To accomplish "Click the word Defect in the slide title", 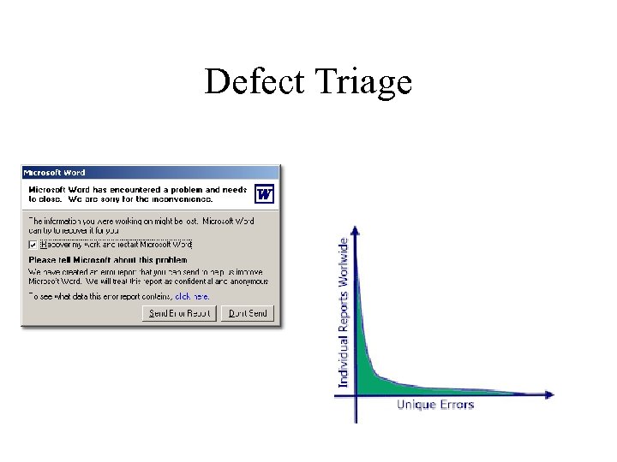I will click(x=255, y=82).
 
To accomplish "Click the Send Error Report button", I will click(x=179, y=313).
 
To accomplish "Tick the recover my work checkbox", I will click(x=33, y=244).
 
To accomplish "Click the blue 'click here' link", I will click(x=192, y=296).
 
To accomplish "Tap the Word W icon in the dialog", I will click(x=265, y=194).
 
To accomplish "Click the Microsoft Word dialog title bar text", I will click(x=54, y=173).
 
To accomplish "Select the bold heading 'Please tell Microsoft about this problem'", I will click(x=107, y=259).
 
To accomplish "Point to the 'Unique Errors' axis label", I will click(x=435, y=405).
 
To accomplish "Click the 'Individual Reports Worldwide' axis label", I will click(x=344, y=312).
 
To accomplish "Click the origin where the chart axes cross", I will click(x=356, y=394).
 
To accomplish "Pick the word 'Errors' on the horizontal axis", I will click(x=456, y=405).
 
